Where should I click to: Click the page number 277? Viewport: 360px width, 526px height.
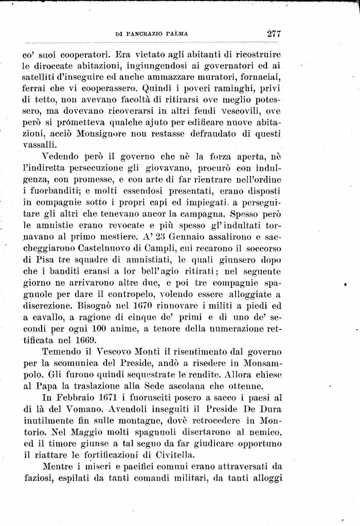[273, 34]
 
